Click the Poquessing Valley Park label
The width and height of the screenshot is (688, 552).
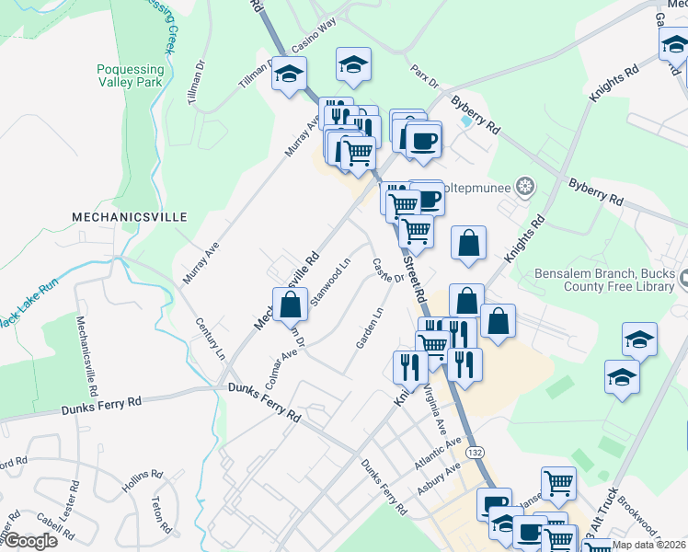pos(130,75)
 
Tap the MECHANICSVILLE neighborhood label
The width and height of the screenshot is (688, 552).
pos(130,217)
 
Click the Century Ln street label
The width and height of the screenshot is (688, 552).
pos(210,339)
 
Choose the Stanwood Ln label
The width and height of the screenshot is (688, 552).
pos(330,282)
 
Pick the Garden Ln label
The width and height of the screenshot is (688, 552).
pos(370,328)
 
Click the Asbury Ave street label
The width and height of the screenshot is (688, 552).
pos(438,479)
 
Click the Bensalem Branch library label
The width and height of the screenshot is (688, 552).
pos(604,282)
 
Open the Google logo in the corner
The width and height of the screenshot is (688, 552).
pos(30,541)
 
